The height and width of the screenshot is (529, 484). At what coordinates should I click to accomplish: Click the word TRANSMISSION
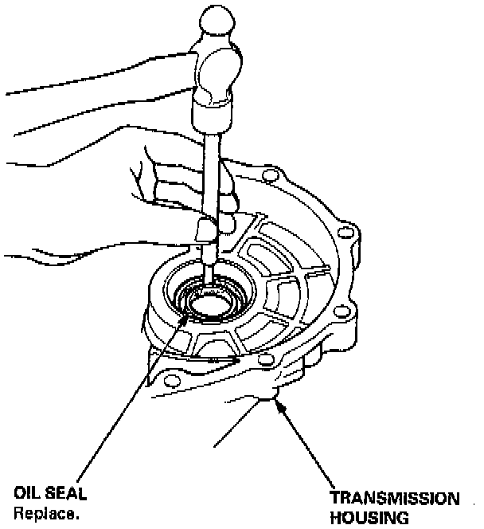(x=396, y=500)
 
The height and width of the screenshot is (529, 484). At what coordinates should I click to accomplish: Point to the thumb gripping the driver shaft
(x=209, y=231)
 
